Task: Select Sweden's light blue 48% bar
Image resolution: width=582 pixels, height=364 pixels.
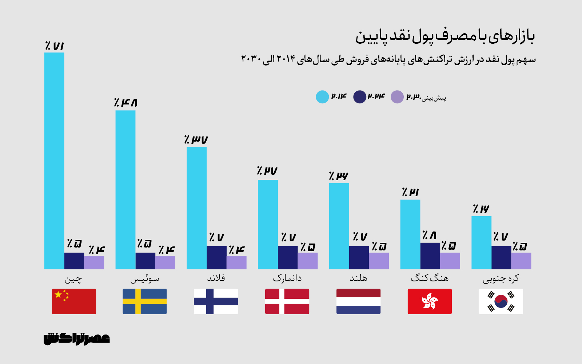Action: click(x=125, y=190)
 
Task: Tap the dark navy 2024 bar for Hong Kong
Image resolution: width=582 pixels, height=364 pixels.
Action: click(x=430, y=256)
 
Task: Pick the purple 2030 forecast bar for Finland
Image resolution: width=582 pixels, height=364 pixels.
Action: click(x=236, y=262)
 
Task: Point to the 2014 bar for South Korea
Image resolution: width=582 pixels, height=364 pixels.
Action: click(x=481, y=243)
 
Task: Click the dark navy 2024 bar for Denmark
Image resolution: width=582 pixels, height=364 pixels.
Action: click(x=288, y=257)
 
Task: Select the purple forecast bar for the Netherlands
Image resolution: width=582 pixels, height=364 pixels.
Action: click(x=379, y=261)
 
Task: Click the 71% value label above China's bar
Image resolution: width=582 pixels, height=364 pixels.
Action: click(x=55, y=46)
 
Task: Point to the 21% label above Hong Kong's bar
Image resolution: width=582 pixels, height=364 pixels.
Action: click(x=410, y=192)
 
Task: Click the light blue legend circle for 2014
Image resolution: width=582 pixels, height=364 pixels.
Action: click(x=322, y=97)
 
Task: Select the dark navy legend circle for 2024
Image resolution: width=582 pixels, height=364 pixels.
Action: click(x=360, y=97)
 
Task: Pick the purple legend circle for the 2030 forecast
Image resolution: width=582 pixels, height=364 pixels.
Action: click(x=397, y=97)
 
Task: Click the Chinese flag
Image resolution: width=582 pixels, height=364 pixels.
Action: click(x=74, y=301)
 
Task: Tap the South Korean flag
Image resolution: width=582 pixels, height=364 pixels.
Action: click(x=501, y=301)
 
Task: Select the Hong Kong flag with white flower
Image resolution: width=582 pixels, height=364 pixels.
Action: click(x=430, y=301)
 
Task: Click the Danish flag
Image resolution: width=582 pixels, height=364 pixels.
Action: click(x=287, y=301)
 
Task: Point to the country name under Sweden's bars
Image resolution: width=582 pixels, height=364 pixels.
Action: click(x=145, y=279)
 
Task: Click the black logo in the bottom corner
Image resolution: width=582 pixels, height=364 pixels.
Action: click(x=77, y=339)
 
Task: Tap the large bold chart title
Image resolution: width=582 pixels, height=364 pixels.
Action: click(x=445, y=36)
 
